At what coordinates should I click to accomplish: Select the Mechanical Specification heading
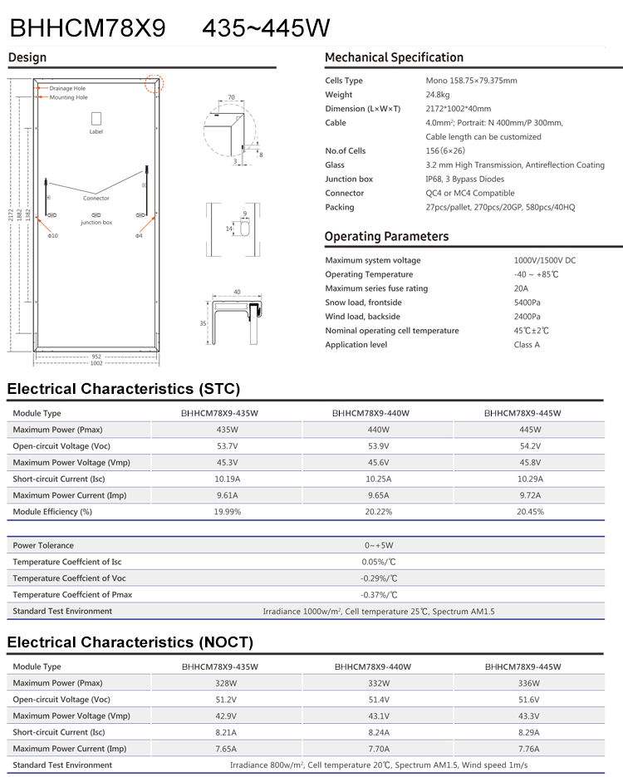pyautogui.click(x=394, y=57)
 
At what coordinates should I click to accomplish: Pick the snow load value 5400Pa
pyautogui.click(x=527, y=302)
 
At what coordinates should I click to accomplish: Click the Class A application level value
pyautogui.click(x=527, y=345)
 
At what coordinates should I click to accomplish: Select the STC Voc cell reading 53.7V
pyautogui.click(x=226, y=445)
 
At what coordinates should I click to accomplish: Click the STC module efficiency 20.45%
pyautogui.click(x=530, y=511)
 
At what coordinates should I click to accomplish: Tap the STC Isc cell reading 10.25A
pyautogui.click(x=378, y=479)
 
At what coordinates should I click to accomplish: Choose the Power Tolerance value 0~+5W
pyautogui.click(x=378, y=545)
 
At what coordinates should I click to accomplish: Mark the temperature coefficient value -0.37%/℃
pyautogui.click(x=378, y=594)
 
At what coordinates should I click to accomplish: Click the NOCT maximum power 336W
pyautogui.click(x=529, y=682)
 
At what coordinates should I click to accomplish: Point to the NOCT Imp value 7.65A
pyautogui.click(x=226, y=749)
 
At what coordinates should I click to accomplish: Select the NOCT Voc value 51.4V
pyautogui.click(x=378, y=699)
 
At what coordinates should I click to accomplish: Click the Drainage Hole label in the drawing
pyautogui.click(x=67, y=88)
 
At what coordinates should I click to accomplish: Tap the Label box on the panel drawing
pyautogui.click(x=96, y=120)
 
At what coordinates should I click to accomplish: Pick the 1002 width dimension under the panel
pyautogui.click(x=96, y=363)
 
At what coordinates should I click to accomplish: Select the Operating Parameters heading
pyautogui.click(x=386, y=237)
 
